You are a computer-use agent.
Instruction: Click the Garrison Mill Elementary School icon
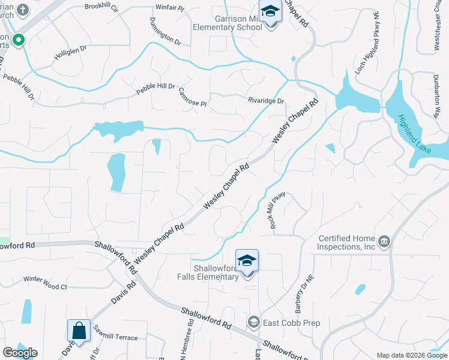point(270,12)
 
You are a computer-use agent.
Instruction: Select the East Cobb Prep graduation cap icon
point(254,323)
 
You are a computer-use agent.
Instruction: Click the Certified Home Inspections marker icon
point(384,242)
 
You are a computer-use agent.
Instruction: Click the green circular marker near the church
point(19,40)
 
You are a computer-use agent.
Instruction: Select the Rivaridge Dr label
point(266,101)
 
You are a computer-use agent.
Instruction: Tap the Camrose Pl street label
point(192,97)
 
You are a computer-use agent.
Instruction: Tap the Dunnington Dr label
point(165,31)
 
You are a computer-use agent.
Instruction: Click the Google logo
point(20,353)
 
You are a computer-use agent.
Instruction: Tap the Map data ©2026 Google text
point(411,355)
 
